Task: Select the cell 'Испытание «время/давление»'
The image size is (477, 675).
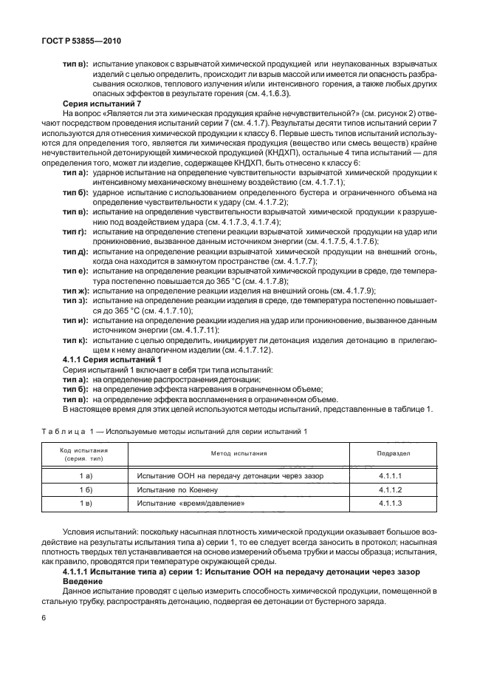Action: click(190, 503)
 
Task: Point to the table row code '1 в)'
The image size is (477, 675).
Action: click(85, 503)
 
